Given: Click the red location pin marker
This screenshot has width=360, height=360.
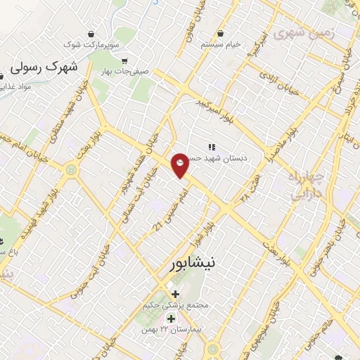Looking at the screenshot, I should coord(181,165).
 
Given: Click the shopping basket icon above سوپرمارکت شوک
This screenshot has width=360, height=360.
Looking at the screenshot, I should coord(91,34).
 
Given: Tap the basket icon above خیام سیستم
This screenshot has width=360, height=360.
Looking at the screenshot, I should coord(221,33).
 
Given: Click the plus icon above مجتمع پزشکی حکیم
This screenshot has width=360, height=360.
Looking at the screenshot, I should coord(174,293).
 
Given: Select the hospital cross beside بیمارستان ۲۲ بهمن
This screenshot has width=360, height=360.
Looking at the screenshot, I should coord(170,319).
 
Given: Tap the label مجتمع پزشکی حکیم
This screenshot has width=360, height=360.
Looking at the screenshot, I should coord(167,305).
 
